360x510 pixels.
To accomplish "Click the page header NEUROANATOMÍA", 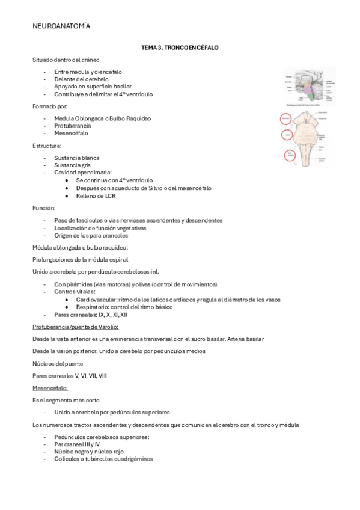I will tap(61, 26).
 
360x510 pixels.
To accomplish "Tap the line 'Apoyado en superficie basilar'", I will tap(92, 87).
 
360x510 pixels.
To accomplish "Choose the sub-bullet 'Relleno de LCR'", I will tap(96, 196).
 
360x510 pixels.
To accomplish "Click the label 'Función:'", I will tap(44, 207).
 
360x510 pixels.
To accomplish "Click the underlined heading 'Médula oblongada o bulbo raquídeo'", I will tap(80, 247).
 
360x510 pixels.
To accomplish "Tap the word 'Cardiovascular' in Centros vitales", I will tap(96, 299).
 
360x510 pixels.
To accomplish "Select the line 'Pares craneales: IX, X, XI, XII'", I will tap(90, 315).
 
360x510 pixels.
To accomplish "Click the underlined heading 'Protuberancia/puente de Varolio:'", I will tap(75, 327).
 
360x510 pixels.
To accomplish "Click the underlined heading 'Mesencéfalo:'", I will tap(50, 388).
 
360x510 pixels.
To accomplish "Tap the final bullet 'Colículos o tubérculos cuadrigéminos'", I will tap(103, 459).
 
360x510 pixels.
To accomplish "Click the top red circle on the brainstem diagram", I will tap(286, 120).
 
